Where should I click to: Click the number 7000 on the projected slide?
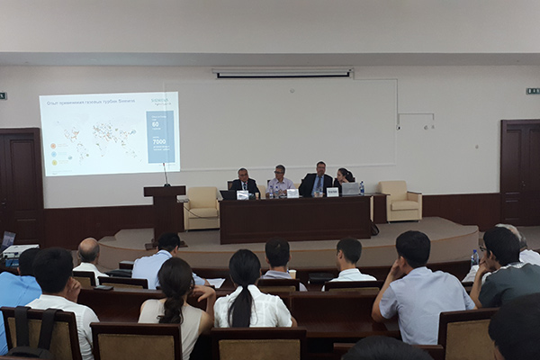[159, 141]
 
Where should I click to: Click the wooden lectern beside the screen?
[165, 211]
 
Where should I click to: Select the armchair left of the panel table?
[202, 208]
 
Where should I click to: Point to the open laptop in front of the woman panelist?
[349, 189]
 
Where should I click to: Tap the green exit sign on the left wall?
[3, 95]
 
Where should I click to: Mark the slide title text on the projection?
[85, 99]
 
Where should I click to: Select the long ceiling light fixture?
[283, 73]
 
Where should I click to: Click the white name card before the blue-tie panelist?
[332, 192]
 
